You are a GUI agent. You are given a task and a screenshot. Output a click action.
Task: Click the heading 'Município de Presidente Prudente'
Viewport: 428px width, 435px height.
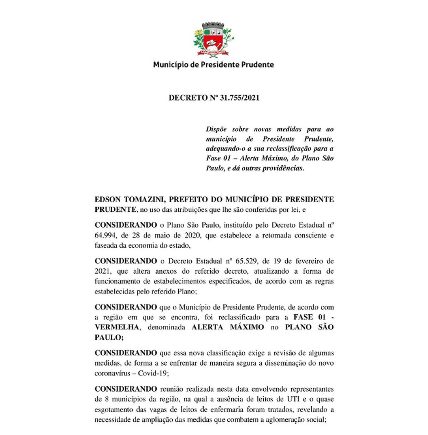(214, 64)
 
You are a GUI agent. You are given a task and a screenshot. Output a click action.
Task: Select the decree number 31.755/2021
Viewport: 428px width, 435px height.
(240, 98)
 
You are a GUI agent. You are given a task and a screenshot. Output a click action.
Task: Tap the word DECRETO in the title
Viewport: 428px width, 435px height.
(188, 98)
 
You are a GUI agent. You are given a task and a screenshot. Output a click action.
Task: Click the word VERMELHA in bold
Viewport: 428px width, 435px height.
(117, 327)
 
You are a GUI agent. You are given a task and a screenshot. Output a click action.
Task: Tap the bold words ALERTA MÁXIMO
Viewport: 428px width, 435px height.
(228, 327)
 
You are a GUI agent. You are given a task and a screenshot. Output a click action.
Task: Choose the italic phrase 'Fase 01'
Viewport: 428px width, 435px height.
(218, 158)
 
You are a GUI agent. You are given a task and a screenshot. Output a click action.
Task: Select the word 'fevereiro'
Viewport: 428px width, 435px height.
(309, 261)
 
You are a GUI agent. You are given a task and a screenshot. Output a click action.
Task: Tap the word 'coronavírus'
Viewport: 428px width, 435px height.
(112, 373)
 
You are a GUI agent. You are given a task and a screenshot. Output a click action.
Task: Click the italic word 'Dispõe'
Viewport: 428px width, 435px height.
(216, 129)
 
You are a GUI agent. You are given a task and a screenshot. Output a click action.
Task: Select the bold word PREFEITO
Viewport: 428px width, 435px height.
(196, 200)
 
